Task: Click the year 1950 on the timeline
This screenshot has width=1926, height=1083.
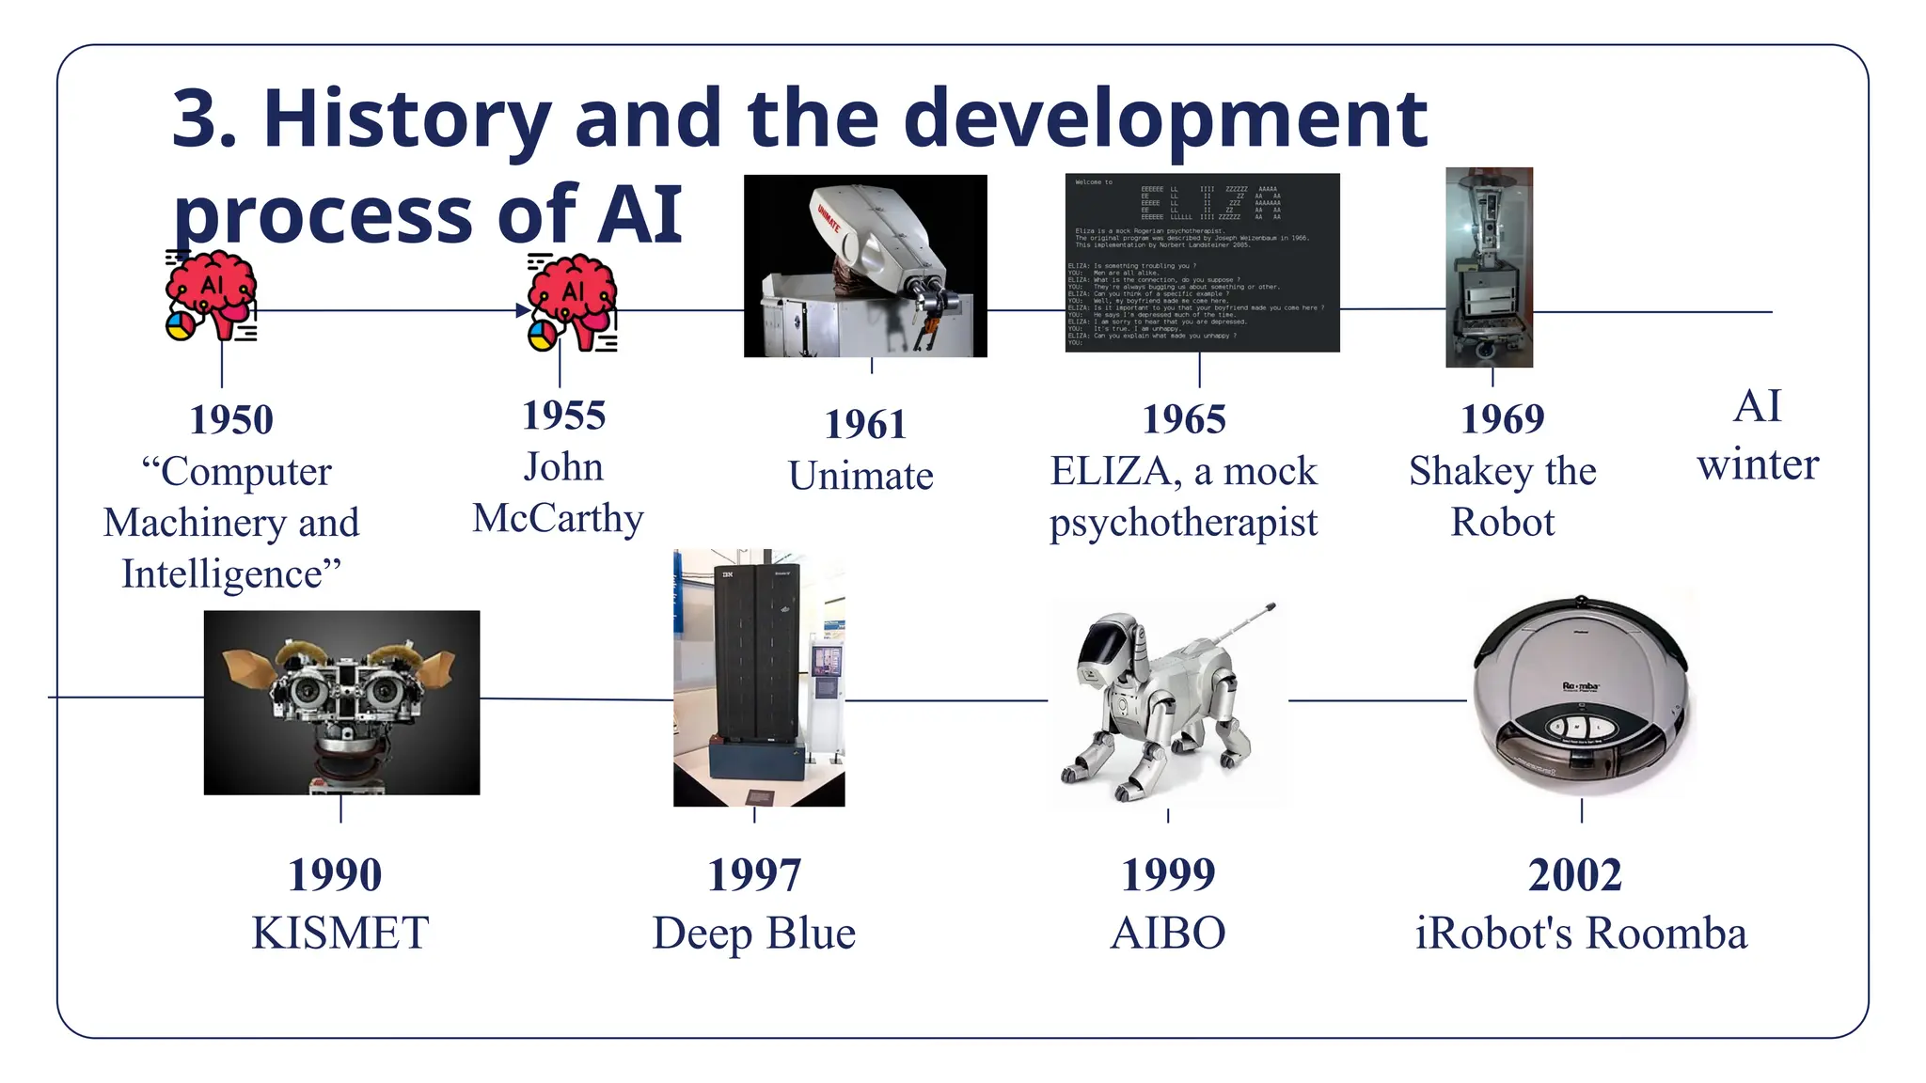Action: [231, 420]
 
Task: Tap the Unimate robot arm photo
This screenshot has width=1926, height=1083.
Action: [865, 265]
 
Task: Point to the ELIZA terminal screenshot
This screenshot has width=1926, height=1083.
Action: [1202, 262]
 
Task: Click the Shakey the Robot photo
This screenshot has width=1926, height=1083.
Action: [1489, 267]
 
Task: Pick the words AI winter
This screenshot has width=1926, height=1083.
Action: [1757, 435]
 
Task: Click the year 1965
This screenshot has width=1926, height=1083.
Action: [1184, 420]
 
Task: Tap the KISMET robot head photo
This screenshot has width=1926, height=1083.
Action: [341, 702]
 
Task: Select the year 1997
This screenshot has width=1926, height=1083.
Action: [754, 875]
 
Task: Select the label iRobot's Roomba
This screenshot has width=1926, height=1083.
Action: [1581, 934]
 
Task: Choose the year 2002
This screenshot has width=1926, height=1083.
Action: [1575, 875]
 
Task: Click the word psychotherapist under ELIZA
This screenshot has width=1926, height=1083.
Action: [1183, 523]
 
